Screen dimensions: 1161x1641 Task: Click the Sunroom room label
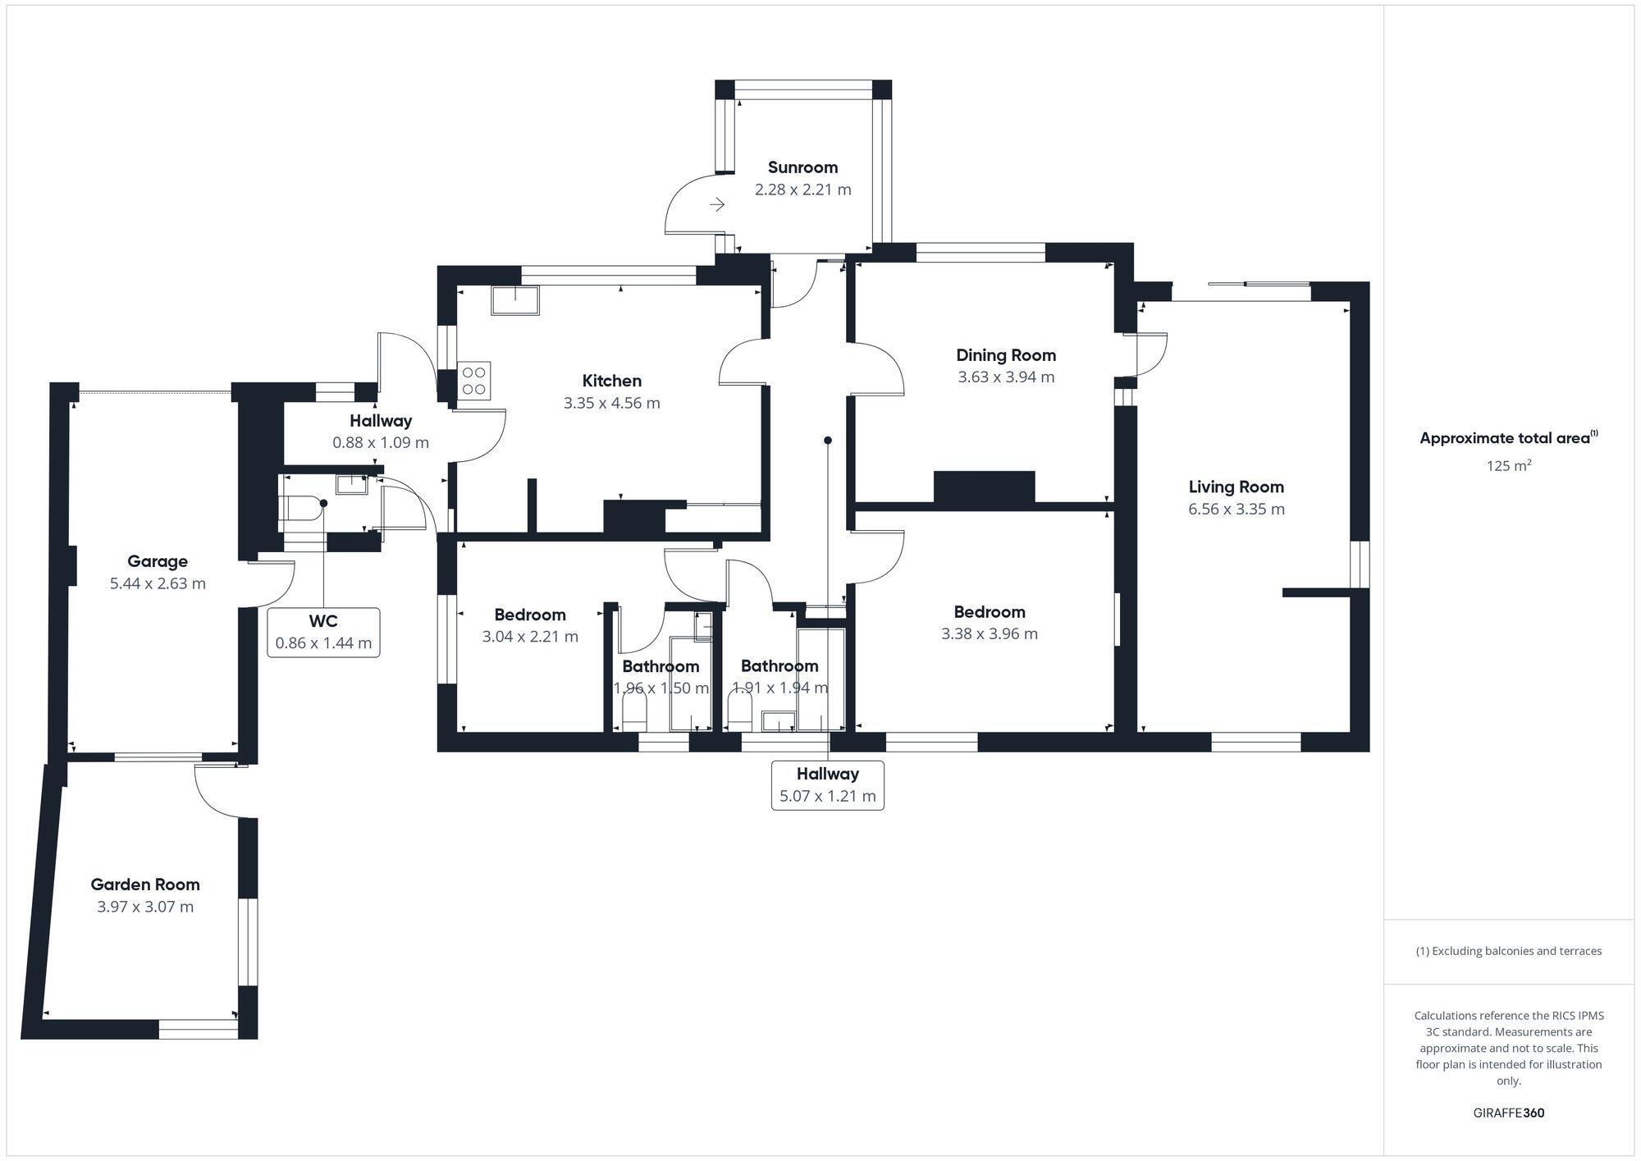802,167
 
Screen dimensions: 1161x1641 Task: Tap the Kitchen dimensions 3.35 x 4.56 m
611,403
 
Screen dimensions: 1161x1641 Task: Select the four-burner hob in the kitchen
474,381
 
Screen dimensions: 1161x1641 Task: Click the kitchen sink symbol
515,299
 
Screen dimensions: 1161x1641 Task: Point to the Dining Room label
1006,355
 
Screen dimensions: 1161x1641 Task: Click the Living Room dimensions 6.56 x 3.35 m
1236,509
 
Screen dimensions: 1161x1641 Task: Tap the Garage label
158,561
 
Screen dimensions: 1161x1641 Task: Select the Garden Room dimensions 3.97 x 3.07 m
145,907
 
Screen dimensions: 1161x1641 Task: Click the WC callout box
323,632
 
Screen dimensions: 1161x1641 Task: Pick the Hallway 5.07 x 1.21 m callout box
827,785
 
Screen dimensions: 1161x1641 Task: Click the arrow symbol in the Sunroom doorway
717,204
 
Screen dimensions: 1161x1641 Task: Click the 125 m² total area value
1509,466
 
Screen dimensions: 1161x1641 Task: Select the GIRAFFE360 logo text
1508,1113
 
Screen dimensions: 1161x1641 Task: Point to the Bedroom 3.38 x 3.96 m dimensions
989,633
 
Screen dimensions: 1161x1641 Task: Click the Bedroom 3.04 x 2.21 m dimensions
530,637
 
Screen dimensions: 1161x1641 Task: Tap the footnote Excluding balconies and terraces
1508,951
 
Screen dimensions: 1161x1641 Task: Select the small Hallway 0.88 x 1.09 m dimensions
381,442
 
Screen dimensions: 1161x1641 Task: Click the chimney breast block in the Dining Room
984,487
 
